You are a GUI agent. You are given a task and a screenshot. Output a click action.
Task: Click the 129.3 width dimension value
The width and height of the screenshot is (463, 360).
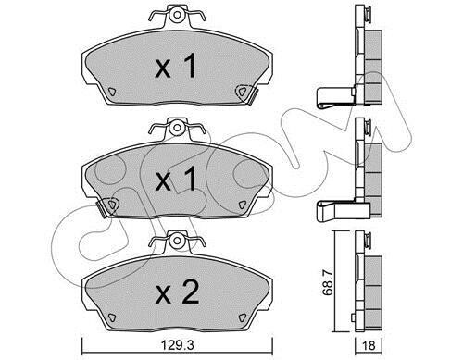pos(178,345)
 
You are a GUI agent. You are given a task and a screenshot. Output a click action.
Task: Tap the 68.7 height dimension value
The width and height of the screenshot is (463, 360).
pos(327,282)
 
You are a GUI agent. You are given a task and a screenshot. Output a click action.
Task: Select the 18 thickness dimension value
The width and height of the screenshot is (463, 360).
pos(369,346)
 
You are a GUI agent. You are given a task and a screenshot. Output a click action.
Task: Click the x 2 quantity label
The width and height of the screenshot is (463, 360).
pos(177,292)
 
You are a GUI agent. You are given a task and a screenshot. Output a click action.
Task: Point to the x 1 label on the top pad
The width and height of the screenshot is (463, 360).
pos(175,66)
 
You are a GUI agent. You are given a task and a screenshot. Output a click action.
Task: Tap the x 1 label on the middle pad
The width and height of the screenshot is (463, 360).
pos(175,180)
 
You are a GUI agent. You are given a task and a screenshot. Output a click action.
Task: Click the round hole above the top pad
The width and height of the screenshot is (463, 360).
pos(177,15)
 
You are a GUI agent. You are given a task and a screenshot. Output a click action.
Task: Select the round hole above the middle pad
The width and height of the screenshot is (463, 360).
pos(177,128)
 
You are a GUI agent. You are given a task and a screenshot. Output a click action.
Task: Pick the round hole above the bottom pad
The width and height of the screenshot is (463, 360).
pos(177,241)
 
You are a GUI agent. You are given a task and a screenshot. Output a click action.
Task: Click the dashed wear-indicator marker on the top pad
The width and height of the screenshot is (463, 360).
pos(242,92)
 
